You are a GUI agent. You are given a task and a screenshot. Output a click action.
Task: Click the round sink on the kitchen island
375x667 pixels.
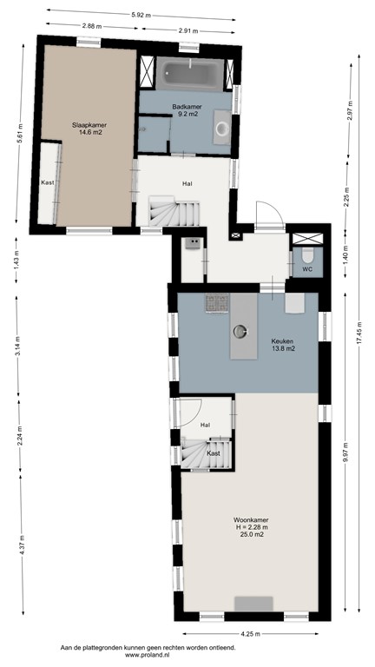coord(241,329)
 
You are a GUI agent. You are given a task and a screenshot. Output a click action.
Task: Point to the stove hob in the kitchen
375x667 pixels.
coord(216,302)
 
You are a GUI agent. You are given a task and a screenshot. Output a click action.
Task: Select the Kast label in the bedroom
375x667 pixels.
coord(47,183)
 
